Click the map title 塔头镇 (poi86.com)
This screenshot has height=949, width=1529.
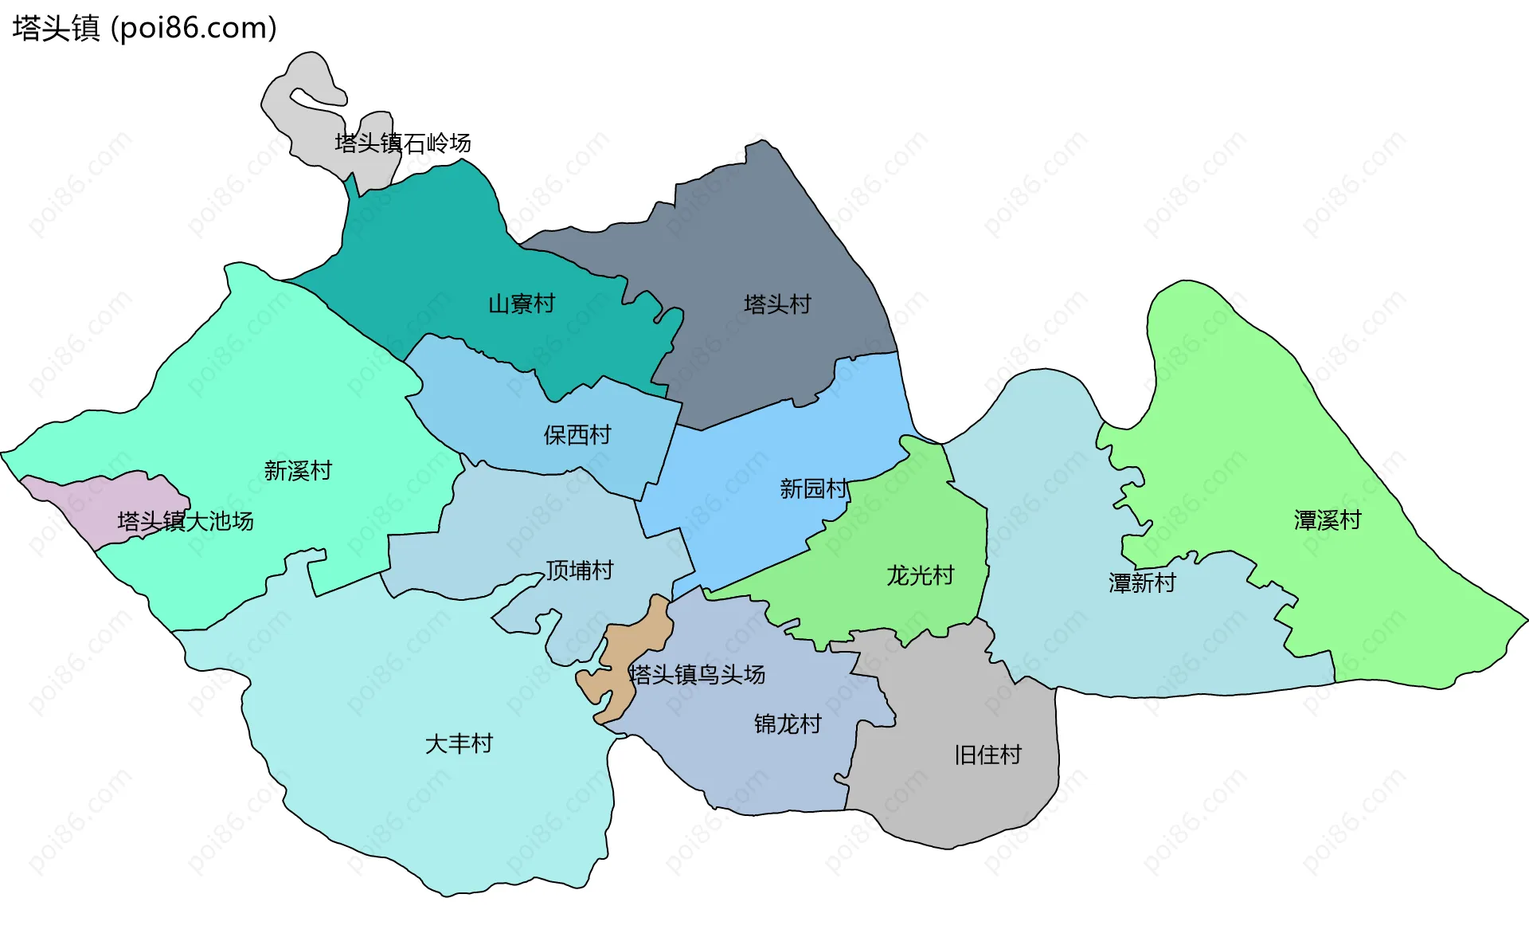(144, 28)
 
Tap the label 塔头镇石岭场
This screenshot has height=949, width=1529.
(402, 143)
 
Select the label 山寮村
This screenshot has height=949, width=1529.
(521, 304)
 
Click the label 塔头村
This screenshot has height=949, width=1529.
(777, 304)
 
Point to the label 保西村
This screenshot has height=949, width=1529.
(577, 435)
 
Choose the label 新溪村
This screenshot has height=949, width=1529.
(298, 471)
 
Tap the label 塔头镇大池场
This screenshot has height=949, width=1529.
(186, 522)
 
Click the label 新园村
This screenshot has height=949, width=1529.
(813, 488)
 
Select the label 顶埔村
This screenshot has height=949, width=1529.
(579, 571)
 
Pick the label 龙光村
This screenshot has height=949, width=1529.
(921, 575)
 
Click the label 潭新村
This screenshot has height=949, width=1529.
(1142, 583)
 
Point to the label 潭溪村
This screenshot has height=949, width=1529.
(1328, 521)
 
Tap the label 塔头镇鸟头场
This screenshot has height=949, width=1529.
(697, 675)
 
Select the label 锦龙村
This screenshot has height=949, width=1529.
(788, 724)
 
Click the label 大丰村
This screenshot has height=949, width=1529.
(459, 744)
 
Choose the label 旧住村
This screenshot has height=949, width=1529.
(987, 755)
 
